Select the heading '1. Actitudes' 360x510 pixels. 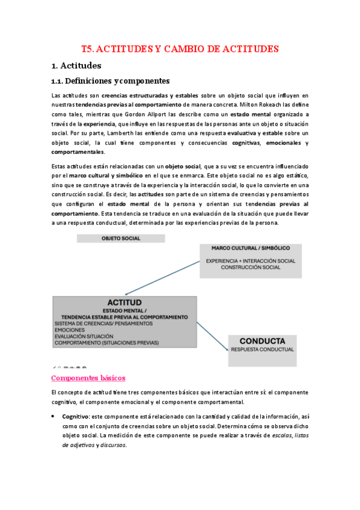click(x=76, y=65)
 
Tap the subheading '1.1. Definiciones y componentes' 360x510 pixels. click(x=111, y=81)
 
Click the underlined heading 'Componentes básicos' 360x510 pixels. click(x=88, y=378)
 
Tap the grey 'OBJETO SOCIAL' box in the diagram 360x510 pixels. click(x=120, y=239)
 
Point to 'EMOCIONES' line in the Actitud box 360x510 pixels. click(x=70, y=330)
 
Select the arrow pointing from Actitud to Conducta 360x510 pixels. click(x=212, y=331)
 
